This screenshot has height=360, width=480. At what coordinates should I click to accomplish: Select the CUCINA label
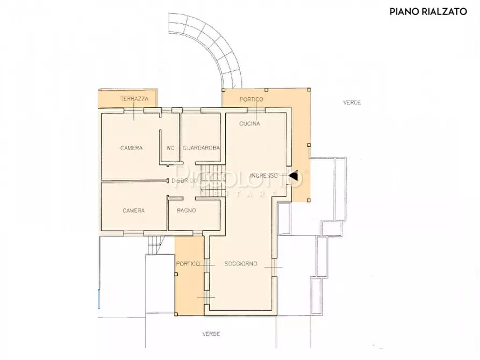tap(249, 124)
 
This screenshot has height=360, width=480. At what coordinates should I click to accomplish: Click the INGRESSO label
tap(263, 175)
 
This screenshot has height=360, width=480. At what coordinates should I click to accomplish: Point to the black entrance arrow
tap(293, 175)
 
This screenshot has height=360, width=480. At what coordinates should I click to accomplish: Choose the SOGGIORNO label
tap(241, 264)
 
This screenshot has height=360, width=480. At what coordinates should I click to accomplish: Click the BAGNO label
tap(186, 211)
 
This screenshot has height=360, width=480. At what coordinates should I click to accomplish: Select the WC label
tap(170, 148)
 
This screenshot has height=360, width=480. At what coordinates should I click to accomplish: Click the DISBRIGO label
tap(184, 181)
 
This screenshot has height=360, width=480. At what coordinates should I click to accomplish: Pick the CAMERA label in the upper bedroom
tap(131, 148)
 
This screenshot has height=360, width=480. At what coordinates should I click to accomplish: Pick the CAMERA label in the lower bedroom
tap(133, 211)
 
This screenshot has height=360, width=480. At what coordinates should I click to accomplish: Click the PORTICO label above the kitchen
tap(251, 100)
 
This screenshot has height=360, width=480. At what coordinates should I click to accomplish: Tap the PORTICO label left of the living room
tap(188, 264)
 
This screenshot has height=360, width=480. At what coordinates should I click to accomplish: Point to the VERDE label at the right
tap(353, 102)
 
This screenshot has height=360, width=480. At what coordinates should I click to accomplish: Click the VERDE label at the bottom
tap(211, 334)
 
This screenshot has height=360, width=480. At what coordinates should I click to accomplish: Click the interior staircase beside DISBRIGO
tap(209, 183)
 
